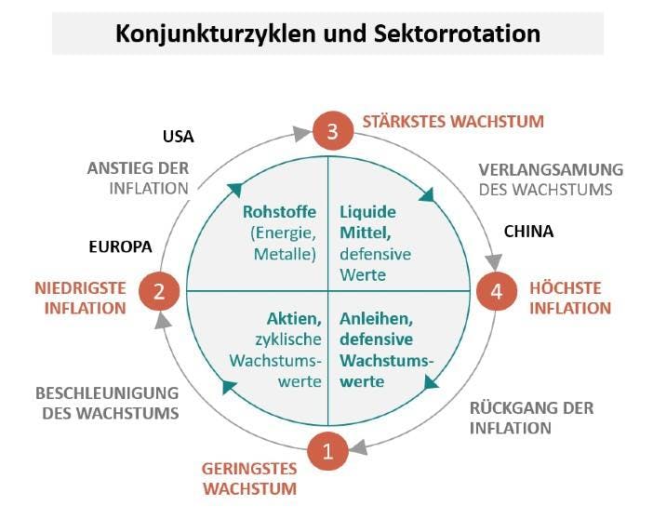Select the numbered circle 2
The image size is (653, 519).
(x=159, y=292)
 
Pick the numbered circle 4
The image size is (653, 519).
(x=496, y=292)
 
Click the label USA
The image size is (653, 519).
(x=178, y=137)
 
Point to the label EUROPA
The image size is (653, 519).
(x=120, y=247)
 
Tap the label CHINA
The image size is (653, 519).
(x=528, y=231)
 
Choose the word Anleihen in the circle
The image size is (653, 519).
(x=373, y=319)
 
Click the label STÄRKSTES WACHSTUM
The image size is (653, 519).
(x=453, y=121)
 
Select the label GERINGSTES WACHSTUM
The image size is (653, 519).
(x=249, y=478)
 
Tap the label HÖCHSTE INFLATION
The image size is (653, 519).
(x=570, y=298)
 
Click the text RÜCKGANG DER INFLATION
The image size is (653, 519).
(x=531, y=418)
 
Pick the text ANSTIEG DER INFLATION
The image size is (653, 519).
(x=139, y=178)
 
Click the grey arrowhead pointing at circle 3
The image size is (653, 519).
(x=301, y=134)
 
